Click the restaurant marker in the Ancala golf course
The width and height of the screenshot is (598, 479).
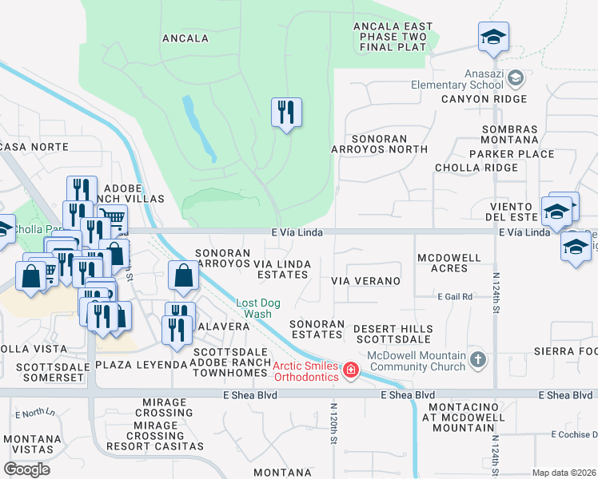(x=286, y=113)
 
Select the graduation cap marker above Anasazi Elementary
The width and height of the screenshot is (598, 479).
(x=494, y=37)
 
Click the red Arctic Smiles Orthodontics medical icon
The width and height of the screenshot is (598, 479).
(x=350, y=371)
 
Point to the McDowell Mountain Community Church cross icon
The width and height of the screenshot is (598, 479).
(x=477, y=359)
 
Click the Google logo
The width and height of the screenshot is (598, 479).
(x=27, y=469)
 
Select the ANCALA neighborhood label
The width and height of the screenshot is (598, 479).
(x=185, y=38)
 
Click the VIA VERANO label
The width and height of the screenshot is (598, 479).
(x=365, y=281)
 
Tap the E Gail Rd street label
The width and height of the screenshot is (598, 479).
(x=455, y=296)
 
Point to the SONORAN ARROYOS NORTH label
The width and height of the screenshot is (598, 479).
(x=380, y=144)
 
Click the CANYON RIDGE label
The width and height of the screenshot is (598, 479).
(x=484, y=99)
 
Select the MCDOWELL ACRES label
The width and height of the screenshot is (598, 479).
(x=448, y=263)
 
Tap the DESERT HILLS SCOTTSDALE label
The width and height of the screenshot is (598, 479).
(x=393, y=334)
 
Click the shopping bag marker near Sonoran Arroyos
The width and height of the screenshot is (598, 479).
(x=183, y=275)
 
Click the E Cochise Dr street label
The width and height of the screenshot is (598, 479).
(x=575, y=434)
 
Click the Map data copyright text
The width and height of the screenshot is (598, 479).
(x=563, y=473)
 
